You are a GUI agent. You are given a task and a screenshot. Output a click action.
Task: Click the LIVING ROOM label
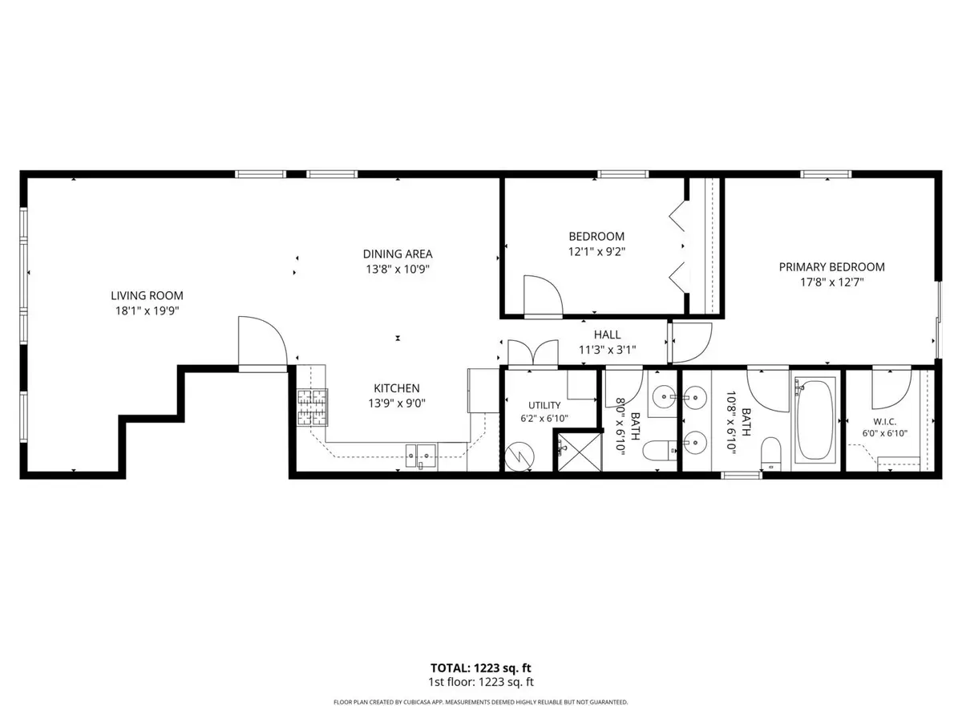tap(147, 295)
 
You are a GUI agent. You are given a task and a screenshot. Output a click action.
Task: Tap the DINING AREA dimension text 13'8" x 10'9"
tap(398, 270)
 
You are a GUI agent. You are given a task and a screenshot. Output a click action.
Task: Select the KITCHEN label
tap(397, 388)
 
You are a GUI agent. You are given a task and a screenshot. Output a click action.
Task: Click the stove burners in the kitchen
tap(313, 408)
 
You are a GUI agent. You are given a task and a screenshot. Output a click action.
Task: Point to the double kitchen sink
tap(421, 456)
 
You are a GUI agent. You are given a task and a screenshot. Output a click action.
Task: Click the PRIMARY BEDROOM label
tap(831, 267)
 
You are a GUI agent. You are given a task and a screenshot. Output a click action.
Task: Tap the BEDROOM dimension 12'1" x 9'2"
tap(596, 252)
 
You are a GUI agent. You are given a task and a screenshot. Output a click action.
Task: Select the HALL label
tap(607, 335)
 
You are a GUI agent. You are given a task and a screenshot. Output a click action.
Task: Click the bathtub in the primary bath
tap(815, 420)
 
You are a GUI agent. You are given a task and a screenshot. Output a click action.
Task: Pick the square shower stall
tap(580, 452)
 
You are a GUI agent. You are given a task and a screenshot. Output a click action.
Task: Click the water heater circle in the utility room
tap(519, 456)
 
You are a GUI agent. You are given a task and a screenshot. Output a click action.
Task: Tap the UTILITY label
tap(544, 405)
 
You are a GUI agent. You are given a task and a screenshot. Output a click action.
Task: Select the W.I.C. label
tap(884, 422)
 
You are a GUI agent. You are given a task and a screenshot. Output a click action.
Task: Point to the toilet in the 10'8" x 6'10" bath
tap(771, 453)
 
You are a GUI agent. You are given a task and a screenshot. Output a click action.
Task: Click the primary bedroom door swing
tap(690, 343)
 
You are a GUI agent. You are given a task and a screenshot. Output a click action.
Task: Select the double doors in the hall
tap(533, 352)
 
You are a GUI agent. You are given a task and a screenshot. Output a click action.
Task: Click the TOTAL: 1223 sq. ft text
tap(480, 668)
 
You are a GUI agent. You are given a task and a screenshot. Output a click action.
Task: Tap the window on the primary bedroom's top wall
tap(826, 174)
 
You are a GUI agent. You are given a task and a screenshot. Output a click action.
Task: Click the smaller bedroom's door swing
tap(544, 295)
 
